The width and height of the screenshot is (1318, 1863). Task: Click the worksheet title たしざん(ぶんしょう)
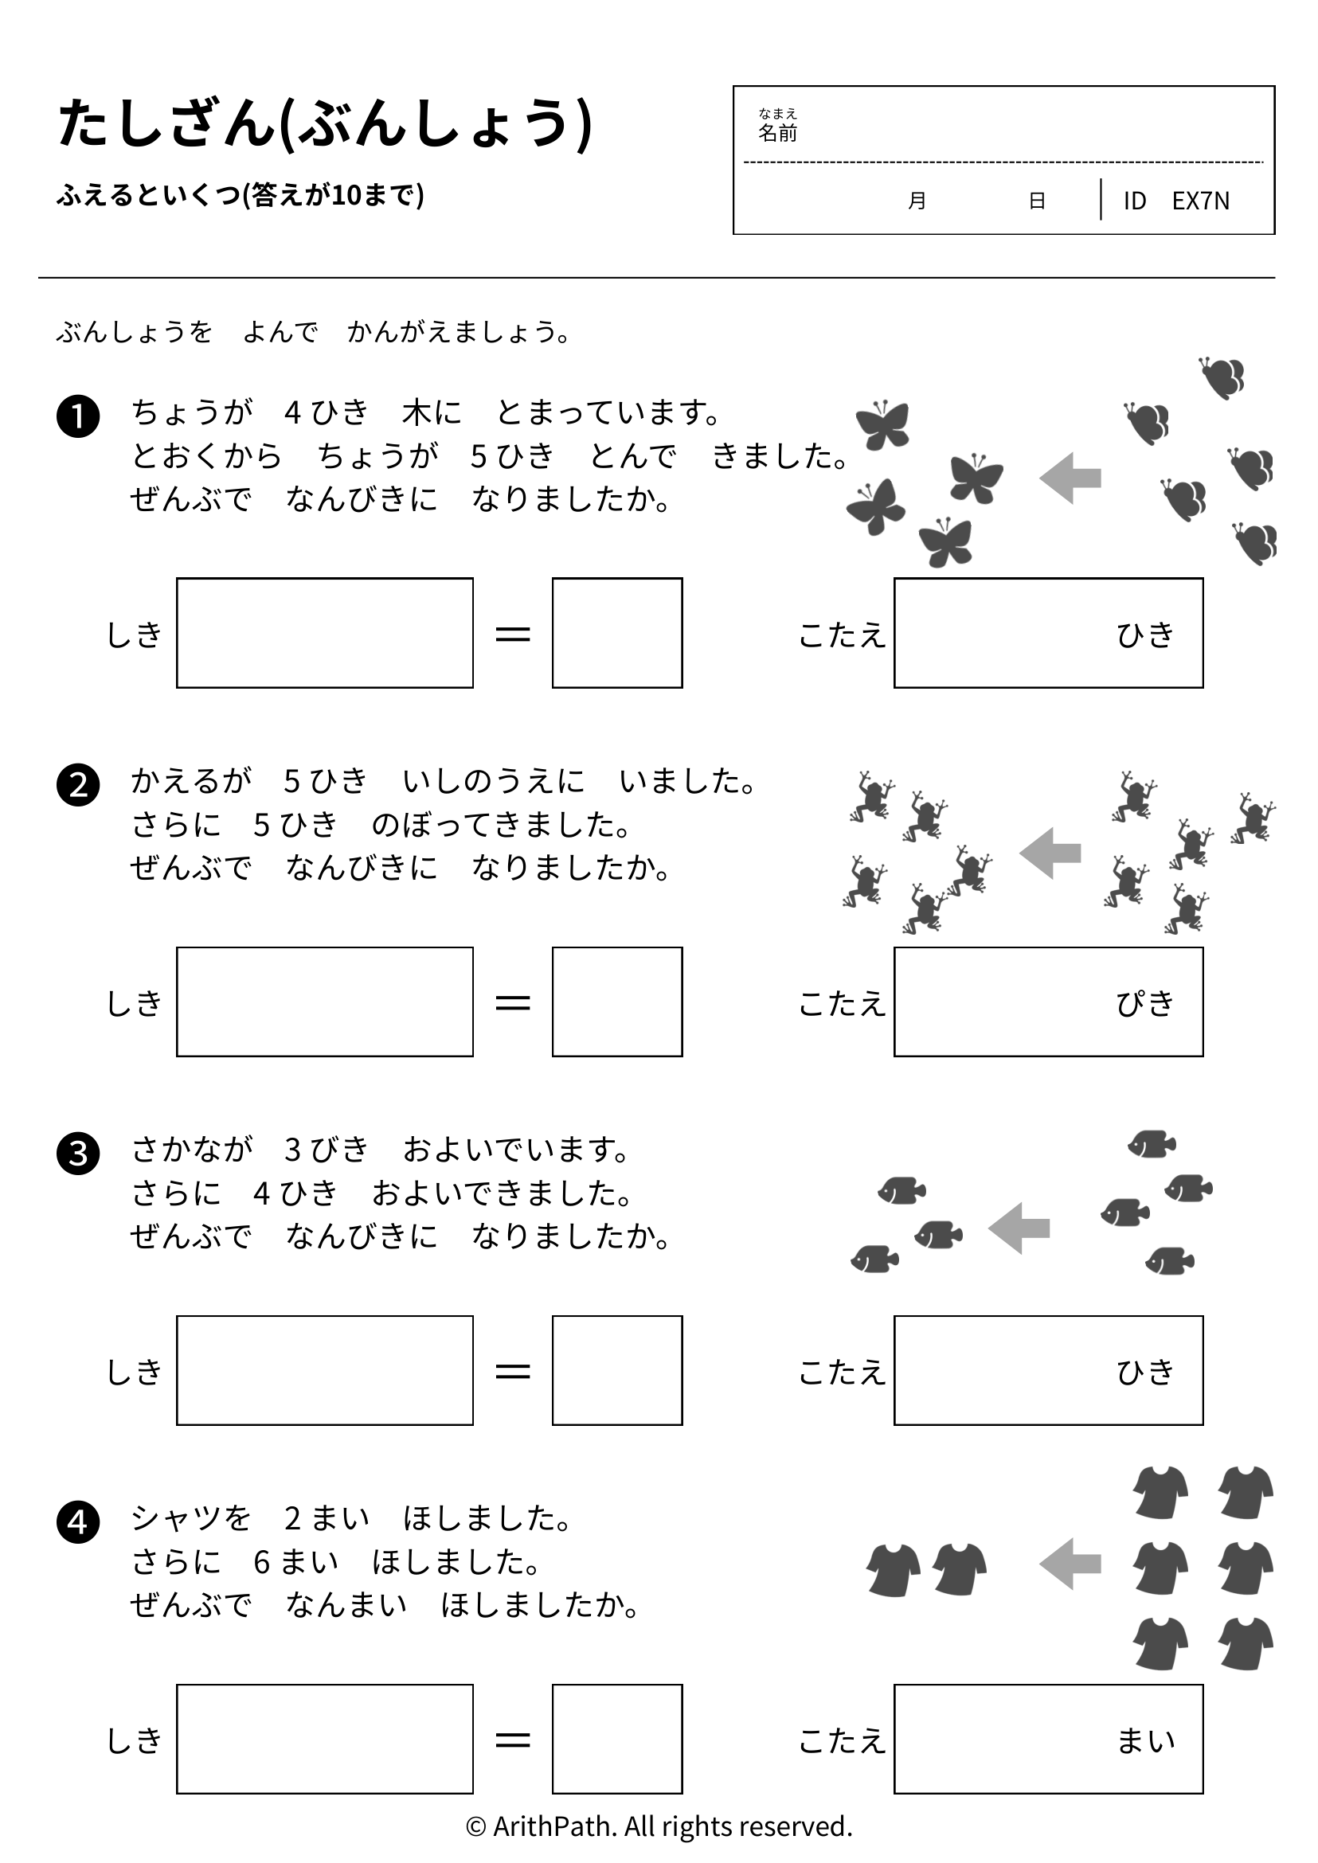pos(325,125)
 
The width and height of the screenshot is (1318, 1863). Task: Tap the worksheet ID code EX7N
pos(1200,201)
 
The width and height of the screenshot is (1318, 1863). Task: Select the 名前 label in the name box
pos(777,133)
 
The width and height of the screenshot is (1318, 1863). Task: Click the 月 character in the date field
pos(917,201)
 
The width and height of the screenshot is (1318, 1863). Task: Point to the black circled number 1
pos(78,416)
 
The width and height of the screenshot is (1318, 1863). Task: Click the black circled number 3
pos(78,1153)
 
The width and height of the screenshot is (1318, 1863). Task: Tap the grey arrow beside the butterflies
pos(1070,478)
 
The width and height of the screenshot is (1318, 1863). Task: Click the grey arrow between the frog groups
pos(1050,853)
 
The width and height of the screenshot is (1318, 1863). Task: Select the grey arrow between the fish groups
pos(1019,1228)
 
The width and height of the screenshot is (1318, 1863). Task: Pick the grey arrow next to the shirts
pos(1070,1564)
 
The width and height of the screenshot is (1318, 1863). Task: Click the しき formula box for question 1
pos(325,633)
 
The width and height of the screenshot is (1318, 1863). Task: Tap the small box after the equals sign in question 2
pos(618,1002)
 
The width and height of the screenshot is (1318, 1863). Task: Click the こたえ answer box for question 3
pos(1049,1370)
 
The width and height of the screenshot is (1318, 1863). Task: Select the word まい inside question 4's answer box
pos(1145,1741)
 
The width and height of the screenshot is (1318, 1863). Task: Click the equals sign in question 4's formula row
pos(513,1740)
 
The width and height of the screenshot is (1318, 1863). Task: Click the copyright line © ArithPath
pos(659,1826)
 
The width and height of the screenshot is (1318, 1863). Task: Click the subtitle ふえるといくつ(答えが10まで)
pos(241,196)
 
